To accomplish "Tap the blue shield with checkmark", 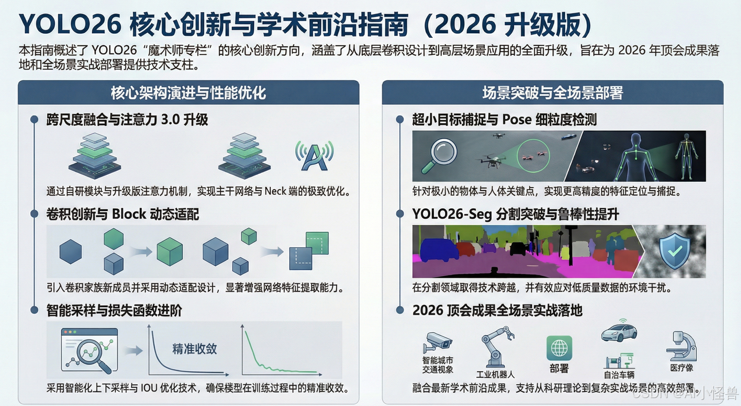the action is [674, 251].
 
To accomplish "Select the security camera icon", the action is [437, 343].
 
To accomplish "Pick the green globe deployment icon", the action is [559, 348].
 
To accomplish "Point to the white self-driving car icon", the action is [619, 332].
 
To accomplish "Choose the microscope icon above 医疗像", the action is [682, 346].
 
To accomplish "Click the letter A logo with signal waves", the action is [314, 156].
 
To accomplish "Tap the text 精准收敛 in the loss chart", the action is [194, 349].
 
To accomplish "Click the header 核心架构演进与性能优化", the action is [188, 93].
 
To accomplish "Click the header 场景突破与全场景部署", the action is [553, 93].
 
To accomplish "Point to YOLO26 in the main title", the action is [70, 24].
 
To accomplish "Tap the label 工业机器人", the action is [495, 375].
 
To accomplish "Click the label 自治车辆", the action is [619, 375].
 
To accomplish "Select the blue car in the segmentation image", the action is [439, 250].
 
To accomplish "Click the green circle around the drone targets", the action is [533, 156].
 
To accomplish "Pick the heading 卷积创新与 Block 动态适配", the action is [122, 214].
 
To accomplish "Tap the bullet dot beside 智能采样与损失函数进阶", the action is [34, 310].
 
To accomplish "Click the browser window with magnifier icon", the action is [89, 350].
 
